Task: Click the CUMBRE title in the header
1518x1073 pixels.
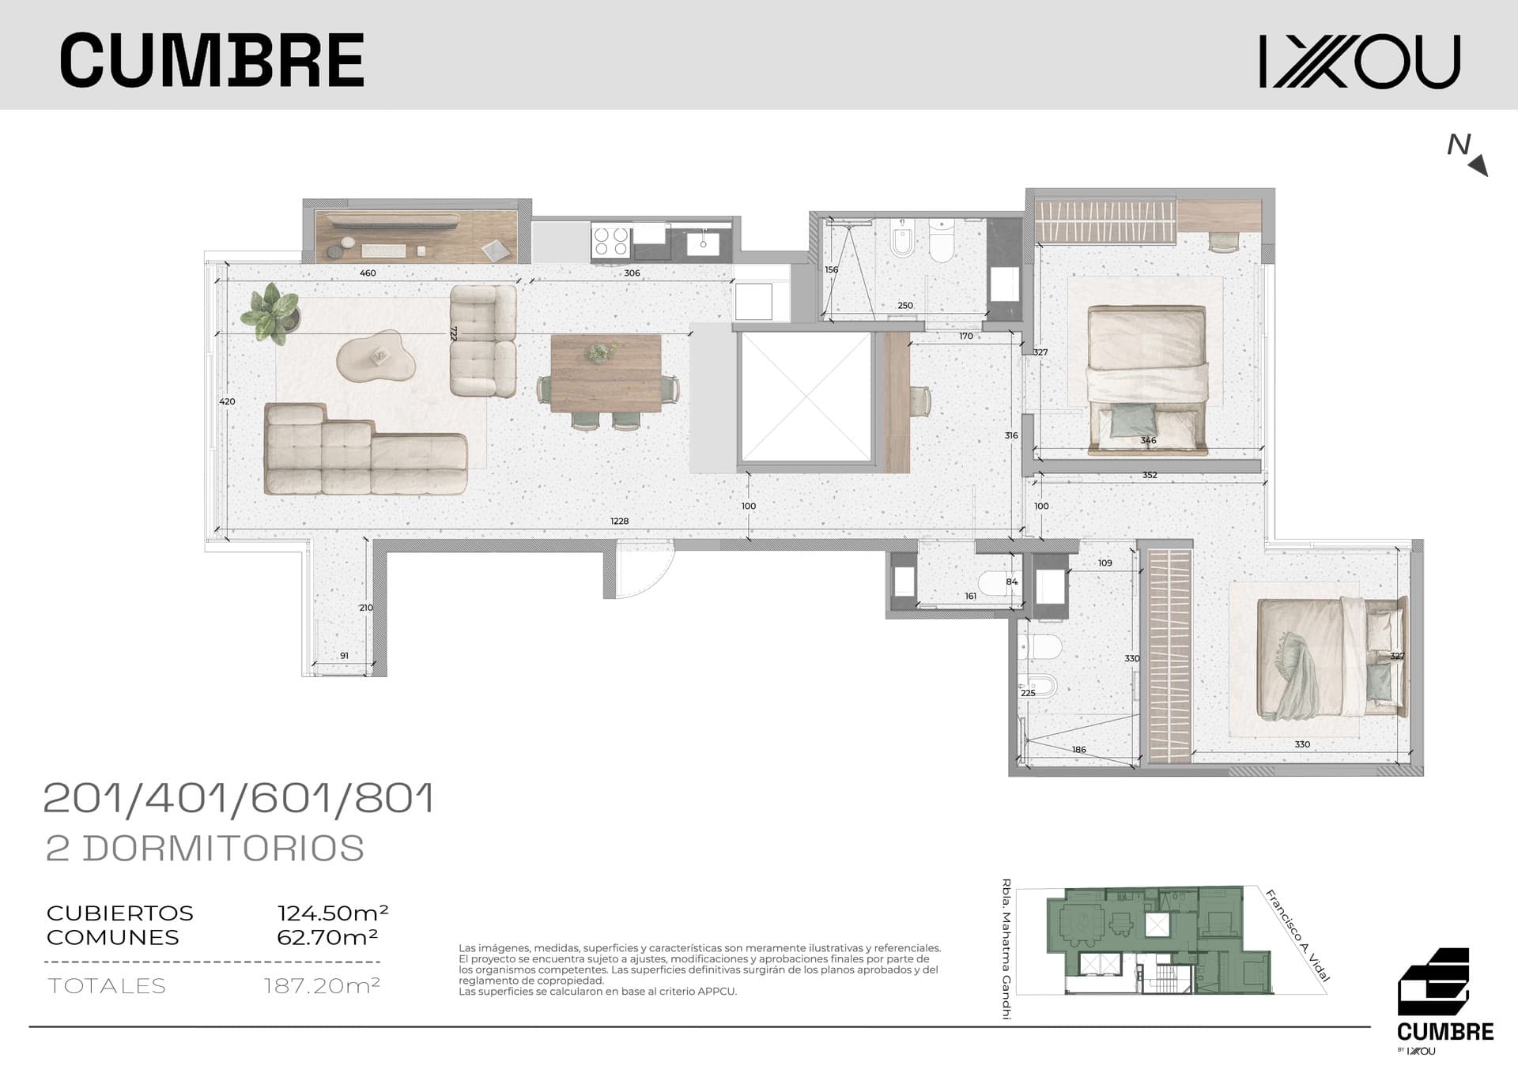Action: pos(212,60)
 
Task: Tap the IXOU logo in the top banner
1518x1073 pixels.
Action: pos(1360,61)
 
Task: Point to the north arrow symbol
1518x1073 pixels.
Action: pos(1468,154)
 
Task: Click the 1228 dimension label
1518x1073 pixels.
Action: pos(620,521)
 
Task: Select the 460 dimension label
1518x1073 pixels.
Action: pos(368,273)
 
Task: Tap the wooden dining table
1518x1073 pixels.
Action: pos(606,374)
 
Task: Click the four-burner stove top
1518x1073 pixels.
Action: pos(611,240)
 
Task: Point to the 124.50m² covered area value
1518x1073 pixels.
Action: pos(333,913)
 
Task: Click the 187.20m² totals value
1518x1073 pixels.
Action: pos(322,985)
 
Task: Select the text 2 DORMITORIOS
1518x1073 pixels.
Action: pos(206,848)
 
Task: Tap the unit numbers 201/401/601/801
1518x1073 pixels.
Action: pos(239,798)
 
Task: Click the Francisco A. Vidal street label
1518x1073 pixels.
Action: pos(1297,936)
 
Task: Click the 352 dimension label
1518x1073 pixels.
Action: pos(1150,475)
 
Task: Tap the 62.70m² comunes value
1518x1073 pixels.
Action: pos(327,937)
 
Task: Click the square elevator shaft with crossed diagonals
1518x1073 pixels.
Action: pos(806,397)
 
